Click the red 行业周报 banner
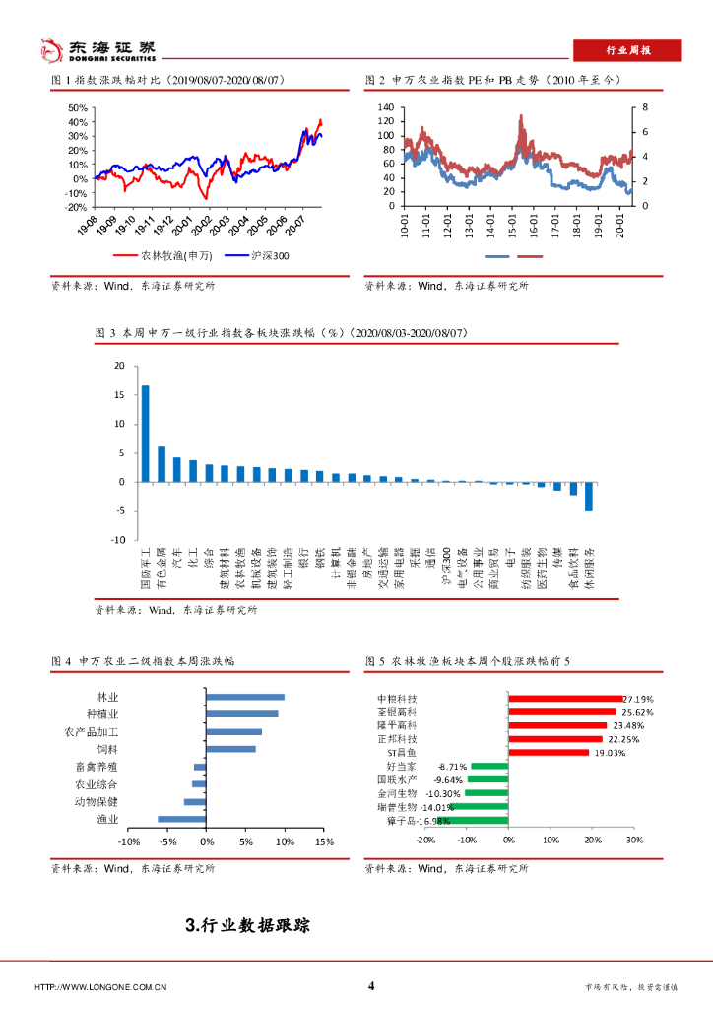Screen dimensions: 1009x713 (x=626, y=51)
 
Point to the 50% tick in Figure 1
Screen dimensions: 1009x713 (x=78, y=108)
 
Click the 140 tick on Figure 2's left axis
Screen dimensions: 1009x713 (x=385, y=107)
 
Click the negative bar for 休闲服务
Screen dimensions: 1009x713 (x=589, y=496)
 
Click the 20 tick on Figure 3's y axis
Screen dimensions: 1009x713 (x=119, y=366)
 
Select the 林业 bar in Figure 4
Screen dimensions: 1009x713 (x=244, y=697)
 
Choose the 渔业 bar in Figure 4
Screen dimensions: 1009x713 (x=182, y=819)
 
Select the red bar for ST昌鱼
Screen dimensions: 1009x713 (x=549, y=752)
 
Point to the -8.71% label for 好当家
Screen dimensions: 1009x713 (x=451, y=766)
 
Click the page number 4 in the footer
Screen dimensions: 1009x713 (x=371, y=986)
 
